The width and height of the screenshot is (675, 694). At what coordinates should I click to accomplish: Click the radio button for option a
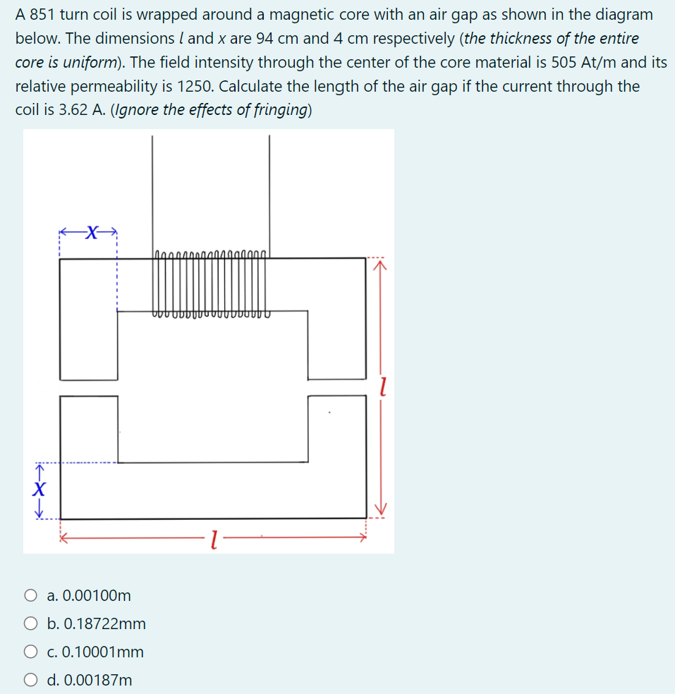click(31, 596)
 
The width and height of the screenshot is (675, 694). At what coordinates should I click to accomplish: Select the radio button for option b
click(31, 624)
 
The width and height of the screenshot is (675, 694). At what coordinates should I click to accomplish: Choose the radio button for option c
click(31, 652)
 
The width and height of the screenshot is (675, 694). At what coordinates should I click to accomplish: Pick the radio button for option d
click(31, 681)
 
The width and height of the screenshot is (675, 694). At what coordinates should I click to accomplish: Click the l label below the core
click(214, 542)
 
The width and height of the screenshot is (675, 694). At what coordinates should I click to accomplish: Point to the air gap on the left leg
click(89, 388)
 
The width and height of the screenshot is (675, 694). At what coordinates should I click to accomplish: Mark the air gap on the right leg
click(336, 387)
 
